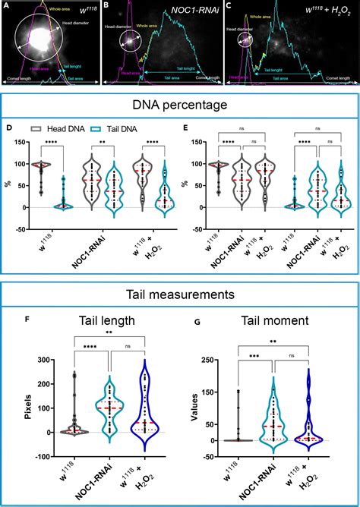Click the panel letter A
pos(6,5)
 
